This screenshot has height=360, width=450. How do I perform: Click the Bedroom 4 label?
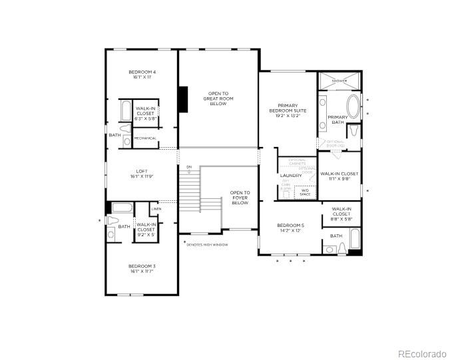[x=142, y=72]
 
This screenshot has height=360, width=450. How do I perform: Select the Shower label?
[x=339, y=81]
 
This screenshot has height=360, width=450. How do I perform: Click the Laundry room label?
[x=291, y=176]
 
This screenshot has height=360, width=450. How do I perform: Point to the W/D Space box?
[x=305, y=192]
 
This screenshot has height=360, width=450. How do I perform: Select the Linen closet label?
[x=156, y=209]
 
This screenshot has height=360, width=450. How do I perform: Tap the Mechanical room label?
[x=145, y=138]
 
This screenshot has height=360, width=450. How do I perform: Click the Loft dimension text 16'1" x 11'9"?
[x=142, y=176]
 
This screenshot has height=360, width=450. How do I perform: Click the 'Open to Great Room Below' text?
[x=218, y=98]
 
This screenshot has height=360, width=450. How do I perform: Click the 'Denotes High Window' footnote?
[x=208, y=244]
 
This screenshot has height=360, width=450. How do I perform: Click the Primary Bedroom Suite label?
[x=288, y=110]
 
